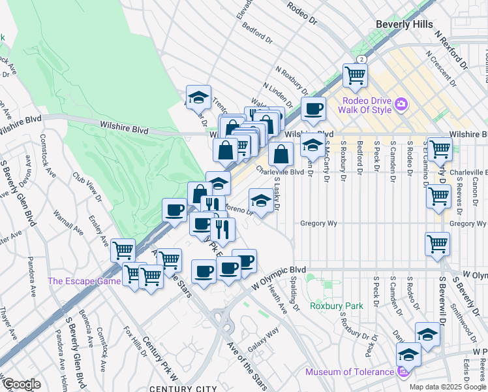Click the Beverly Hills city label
point(404,24)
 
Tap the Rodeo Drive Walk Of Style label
point(367,105)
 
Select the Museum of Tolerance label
point(350,372)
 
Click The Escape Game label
point(84,282)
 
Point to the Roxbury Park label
point(336,305)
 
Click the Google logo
point(21,384)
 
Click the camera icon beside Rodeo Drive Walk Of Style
point(401,104)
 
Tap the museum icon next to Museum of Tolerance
point(403,372)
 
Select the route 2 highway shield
point(361,59)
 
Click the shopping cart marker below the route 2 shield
point(355,74)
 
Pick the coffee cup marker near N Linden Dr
point(313,108)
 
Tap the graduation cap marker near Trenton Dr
point(198,97)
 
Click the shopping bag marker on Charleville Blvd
point(281,154)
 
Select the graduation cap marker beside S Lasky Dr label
point(261,200)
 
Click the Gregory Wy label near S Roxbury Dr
point(318,223)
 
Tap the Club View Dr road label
point(89,187)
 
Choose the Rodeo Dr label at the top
point(301,12)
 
